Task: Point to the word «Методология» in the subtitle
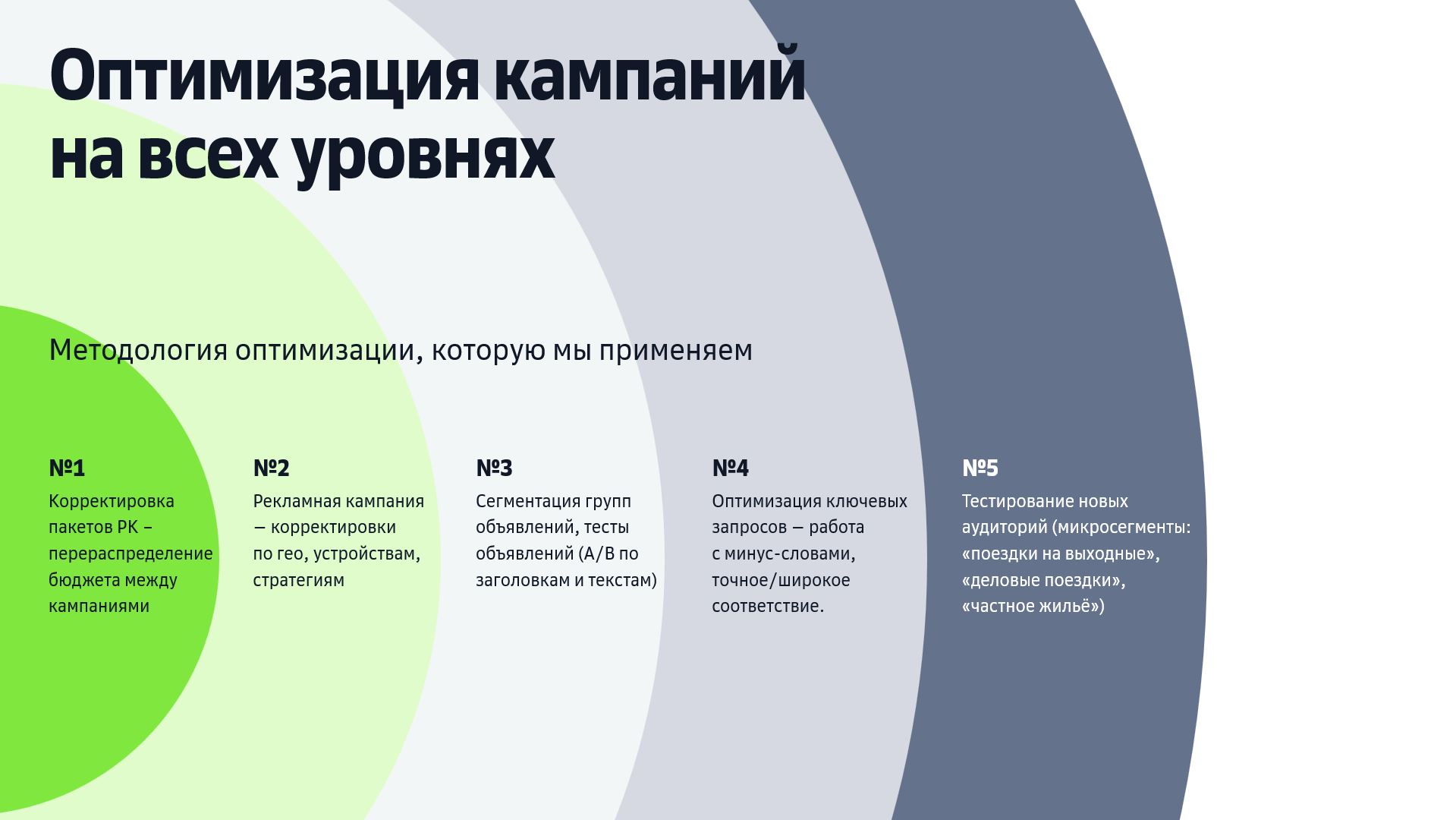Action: point(138,351)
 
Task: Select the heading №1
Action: point(67,468)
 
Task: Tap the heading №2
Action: point(271,468)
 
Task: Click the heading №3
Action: point(494,468)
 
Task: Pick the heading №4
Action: point(730,468)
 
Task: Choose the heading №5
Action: point(980,468)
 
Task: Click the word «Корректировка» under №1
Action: point(112,502)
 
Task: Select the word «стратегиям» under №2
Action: point(298,581)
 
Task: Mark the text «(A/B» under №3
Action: point(596,554)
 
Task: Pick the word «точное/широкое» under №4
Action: point(781,581)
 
